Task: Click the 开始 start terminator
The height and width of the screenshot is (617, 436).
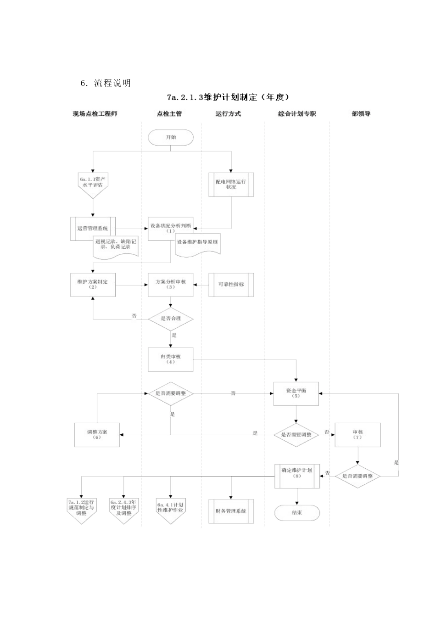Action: [171, 137]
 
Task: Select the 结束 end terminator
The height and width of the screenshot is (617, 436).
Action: [297, 512]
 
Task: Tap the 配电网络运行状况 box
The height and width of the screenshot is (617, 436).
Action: [231, 185]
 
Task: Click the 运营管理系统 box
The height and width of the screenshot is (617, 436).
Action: [93, 228]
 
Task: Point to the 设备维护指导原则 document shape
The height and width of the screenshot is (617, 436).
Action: [197, 243]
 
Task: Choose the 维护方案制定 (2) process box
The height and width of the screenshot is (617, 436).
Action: [93, 284]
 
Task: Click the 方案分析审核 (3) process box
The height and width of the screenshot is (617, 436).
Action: [171, 284]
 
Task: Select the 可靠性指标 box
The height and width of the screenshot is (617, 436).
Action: [231, 285]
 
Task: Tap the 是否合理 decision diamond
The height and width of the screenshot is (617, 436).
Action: [171, 318]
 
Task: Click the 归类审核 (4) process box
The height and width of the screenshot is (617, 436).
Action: [171, 359]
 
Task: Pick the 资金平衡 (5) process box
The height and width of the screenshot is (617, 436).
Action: [296, 393]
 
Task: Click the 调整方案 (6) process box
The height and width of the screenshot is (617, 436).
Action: [97, 434]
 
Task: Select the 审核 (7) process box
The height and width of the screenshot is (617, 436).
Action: [358, 434]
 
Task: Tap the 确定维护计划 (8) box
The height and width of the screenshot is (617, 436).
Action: [297, 476]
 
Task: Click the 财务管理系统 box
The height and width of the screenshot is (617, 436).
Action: [231, 511]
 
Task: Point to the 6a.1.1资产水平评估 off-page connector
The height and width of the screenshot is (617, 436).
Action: [93, 184]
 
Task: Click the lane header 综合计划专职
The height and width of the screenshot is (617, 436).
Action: [297, 114]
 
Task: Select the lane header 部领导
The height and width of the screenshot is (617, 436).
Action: [361, 114]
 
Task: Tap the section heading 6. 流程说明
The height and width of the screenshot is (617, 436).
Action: [106, 83]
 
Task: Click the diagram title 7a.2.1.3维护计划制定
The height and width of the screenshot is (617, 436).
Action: [228, 97]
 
